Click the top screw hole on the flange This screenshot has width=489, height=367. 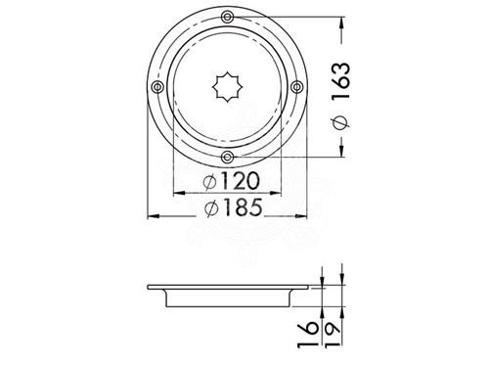(227, 17)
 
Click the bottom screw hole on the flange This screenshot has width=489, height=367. (227, 158)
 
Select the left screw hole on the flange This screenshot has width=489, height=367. (157, 87)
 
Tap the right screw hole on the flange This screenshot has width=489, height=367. (296, 87)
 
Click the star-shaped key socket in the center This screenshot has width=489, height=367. (228, 87)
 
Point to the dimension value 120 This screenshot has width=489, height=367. (241, 181)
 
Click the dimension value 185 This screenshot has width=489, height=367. (242, 206)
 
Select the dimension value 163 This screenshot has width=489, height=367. (341, 80)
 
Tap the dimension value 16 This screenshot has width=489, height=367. (308, 335)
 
